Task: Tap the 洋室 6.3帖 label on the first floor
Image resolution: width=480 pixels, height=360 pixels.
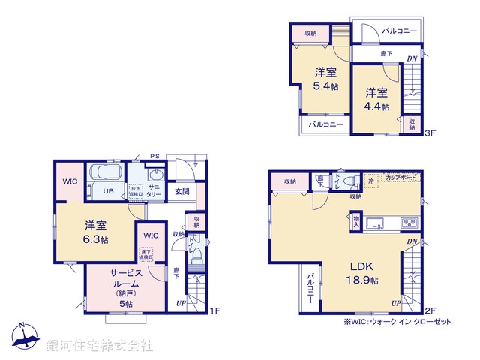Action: tap(94, 232)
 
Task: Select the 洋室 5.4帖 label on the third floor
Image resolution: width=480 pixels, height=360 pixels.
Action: tap(325, 79)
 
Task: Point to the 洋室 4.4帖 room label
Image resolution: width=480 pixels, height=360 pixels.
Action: tap(377, 100)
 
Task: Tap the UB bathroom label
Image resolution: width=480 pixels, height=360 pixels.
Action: tap(108, 190)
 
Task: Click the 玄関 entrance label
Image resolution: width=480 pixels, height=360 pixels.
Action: tap(181, 190)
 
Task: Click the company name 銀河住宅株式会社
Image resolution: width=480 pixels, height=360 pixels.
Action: tap(100, 346)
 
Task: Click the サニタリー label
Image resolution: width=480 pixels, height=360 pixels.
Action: tap(154, 190)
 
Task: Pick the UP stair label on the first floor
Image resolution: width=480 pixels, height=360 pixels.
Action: tap(180, 302)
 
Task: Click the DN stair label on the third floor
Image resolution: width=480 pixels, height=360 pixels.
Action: tap(412, 59)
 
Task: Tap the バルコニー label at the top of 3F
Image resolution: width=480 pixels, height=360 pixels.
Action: tap(398, 31)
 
